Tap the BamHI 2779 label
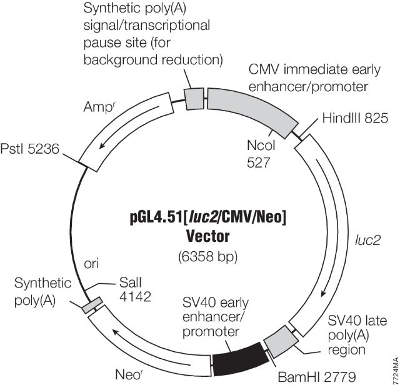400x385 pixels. [x=309, y=376]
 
